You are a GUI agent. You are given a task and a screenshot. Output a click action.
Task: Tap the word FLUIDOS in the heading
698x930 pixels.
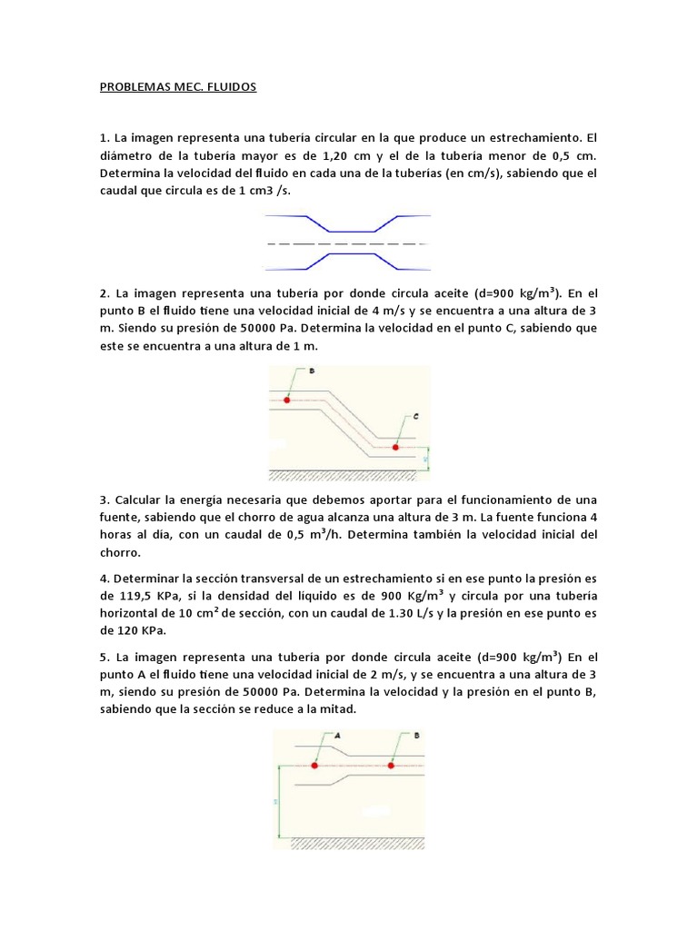(231, 88)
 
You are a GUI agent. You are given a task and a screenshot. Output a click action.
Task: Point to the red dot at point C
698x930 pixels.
(394, 447)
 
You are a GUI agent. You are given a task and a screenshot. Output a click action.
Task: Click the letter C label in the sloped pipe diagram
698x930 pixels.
(415, 417)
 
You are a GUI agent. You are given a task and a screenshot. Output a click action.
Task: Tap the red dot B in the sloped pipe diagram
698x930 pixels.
(287, 400)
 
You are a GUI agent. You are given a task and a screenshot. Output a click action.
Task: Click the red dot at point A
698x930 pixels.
(314, 766)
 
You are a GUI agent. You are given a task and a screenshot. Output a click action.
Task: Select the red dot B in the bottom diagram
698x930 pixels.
(392, 766)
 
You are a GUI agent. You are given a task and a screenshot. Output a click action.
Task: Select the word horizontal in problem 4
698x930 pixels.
(130, 612)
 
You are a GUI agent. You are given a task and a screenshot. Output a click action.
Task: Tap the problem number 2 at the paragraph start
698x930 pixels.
(104, 293)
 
